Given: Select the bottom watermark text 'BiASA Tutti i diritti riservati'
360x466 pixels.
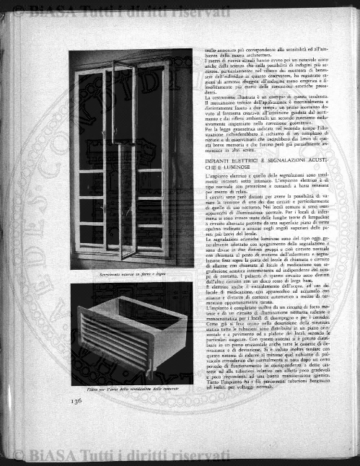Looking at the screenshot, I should [x=101, y=454].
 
